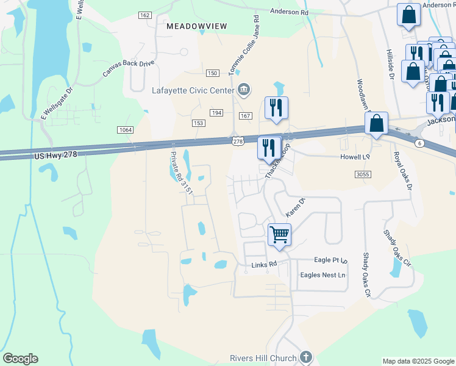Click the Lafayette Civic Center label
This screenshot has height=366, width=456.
click(193, 90)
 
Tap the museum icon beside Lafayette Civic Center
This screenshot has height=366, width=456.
click(244, 90)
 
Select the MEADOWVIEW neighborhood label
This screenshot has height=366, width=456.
click(196, 26)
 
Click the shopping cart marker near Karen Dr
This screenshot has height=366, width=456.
click(279, 234)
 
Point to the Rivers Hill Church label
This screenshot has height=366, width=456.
click(263, 357)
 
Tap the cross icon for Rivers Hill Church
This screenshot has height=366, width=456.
click(306, 357)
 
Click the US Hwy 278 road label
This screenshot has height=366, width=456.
click(56, 156)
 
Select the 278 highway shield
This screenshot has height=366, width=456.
click(237, 141)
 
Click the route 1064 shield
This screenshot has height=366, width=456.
click(126, 129)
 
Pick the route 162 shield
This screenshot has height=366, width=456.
click(145, 15)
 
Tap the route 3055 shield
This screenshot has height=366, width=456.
click(362, 174)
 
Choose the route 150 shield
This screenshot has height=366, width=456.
click(212, 73)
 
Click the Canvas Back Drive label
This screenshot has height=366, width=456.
click(127, 68)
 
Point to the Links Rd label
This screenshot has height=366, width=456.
click(264, 265)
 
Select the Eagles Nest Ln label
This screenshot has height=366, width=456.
click(322, 275)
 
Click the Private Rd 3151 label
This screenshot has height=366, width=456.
click(181, 173)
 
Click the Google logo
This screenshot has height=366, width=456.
click(20, 359)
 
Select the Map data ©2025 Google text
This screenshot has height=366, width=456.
click(418, 361)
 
